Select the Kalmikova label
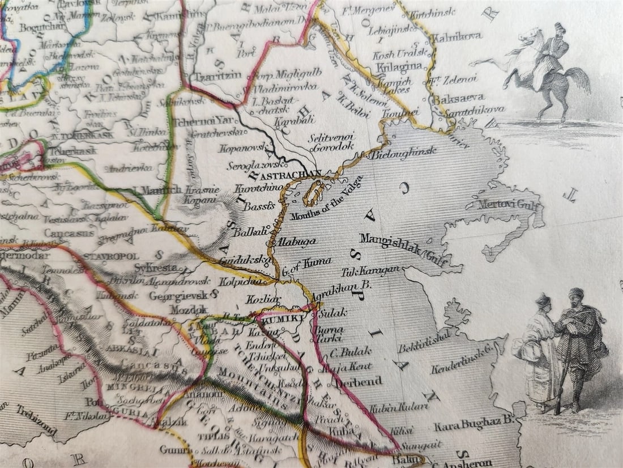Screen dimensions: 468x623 coord(457,36)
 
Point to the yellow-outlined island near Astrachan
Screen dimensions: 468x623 coord(314,193)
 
